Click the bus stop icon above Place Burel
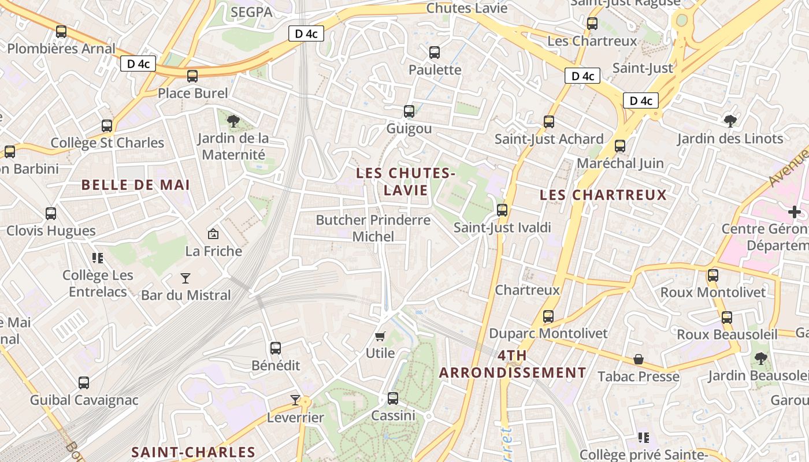tap(192, 76)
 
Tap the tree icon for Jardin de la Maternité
tap(233, 121)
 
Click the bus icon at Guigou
tap(409, 111)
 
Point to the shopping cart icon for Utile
tap(380, 336)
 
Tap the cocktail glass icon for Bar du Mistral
tap(185, 278)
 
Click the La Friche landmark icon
tap(213, 234)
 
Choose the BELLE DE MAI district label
tap(136, 185)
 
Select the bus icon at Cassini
tap(393, 398)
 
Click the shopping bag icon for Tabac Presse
tap(639, 359)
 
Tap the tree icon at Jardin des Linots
tap(730, 121)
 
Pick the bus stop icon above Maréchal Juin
tap(620, 146)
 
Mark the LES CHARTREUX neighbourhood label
tap(603, 195)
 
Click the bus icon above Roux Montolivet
tap(713, 275)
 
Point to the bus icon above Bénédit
tap(276, 348)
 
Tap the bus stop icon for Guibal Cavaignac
tap(84, 382)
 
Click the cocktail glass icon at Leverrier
tap(295, 400)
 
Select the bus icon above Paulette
tap(435, 53)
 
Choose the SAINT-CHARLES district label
tap(193, 452)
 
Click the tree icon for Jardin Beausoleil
tap(761, 359)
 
